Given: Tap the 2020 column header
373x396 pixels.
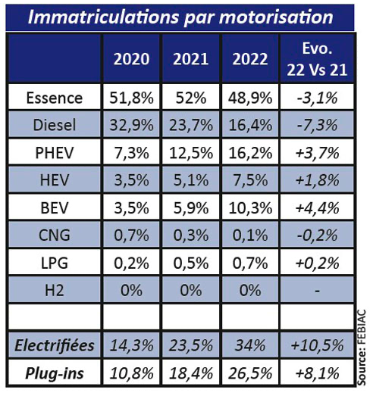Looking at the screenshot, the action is click(131, 59).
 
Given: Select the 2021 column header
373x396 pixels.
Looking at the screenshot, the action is click(191, 59).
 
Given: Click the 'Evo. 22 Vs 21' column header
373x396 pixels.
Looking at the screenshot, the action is click(317, 59).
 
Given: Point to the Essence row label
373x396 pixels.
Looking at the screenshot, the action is click(55, 98).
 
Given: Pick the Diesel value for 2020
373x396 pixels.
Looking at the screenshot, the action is click(131, 125).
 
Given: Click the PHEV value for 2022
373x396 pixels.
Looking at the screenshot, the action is click(250, 153).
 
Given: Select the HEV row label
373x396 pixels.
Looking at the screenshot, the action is click(55, 180).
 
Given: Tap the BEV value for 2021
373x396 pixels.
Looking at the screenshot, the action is click(191, 208).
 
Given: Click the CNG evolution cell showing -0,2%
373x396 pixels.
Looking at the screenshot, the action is click(317, 235).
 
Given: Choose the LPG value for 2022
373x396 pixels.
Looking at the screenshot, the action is click(250, 263).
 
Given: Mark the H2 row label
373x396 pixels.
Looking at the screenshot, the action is click(55, 291).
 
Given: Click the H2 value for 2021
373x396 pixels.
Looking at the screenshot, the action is click(191, 291).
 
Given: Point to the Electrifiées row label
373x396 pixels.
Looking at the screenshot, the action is click(55, 345).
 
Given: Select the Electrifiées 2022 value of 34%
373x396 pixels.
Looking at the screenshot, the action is click(250, 345).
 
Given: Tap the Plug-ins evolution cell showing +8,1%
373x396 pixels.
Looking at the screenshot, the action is click(317, 373).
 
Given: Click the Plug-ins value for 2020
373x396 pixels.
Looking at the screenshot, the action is click(131, 373).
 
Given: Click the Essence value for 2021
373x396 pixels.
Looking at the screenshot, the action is click(191, 98).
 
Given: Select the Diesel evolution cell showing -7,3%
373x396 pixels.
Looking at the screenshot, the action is click(317, 125).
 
